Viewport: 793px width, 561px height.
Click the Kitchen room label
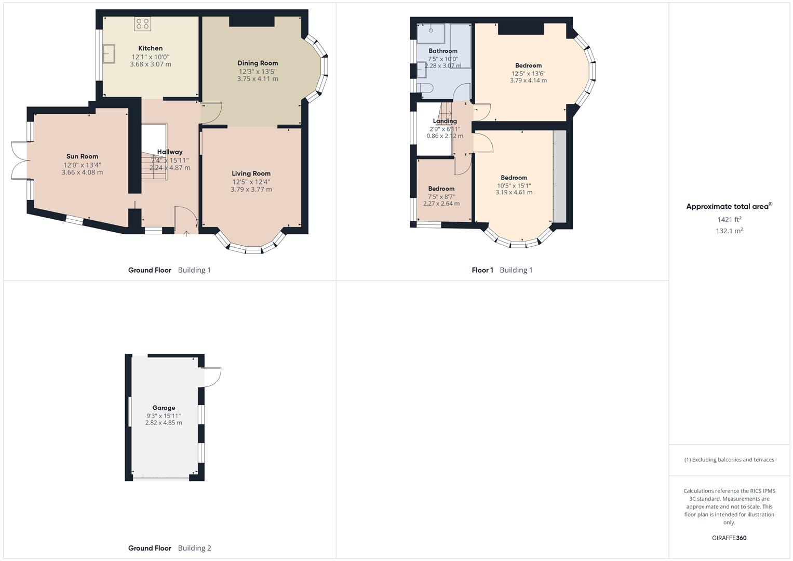pyautogui.click(x=150, y=48)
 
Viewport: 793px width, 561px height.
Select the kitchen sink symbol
pyautogui.click(x=109, y=54)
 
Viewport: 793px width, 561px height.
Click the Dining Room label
pyautogui.click(x=258, y=63)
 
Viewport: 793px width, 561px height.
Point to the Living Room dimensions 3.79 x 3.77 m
pyautogui.click(x=251, y=190)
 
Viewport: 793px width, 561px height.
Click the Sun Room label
pyautogui.click(x=82, y=156)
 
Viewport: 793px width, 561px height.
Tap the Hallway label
pyautogui.click(x=170, y=152)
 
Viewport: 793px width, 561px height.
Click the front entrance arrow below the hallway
pyautogui.click(x=186, y=234)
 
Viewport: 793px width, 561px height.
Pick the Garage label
pyautogui.click(x=164, y=408)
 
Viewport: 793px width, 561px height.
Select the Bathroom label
pyautogui.click(x=442, y=51)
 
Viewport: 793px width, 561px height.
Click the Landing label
pyautogui.click(x=445, y=121)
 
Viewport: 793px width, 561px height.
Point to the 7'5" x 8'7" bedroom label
pyautogui.click(x=441, y=189)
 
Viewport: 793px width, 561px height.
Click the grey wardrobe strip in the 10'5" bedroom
pyautogui.click(x=559, y=176)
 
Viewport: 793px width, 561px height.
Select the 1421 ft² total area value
pyautogui.click(x=729, y=220)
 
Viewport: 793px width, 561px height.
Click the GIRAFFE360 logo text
pyautogui.click(x=729, y=538)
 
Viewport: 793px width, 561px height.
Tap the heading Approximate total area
pyautogui.click(x=727, y=207)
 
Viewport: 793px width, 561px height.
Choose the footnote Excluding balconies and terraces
pyautogui.click(x=729, y=460)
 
